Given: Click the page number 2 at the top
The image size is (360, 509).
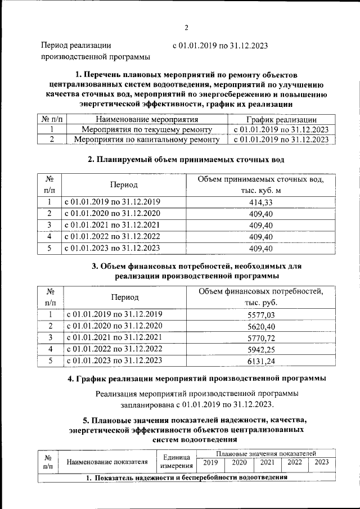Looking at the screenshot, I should (x=186, y=28).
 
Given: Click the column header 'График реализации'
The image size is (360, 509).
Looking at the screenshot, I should (x=281, y=119).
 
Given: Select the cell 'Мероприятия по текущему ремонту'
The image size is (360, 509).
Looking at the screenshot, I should (x=147, y=129).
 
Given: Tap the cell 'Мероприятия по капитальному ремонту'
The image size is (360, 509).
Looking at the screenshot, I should (x=147, y=139).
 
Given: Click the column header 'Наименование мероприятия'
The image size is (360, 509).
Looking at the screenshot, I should (x=147, y=119).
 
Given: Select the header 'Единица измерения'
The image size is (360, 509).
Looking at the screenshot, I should (x=177, y=462).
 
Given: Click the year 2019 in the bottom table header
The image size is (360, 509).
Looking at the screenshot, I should (x=210, y=462).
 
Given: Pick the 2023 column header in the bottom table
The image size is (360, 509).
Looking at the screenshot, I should (x=322, y=462).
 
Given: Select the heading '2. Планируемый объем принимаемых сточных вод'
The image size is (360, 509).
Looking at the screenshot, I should (x=186, y=160).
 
